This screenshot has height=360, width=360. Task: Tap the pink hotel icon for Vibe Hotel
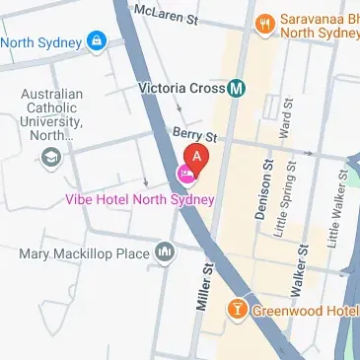(184, 175)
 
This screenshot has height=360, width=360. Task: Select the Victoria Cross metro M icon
(237, 88)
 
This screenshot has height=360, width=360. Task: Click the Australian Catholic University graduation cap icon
(51, 156)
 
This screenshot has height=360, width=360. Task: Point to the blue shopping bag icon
(97, 41)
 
